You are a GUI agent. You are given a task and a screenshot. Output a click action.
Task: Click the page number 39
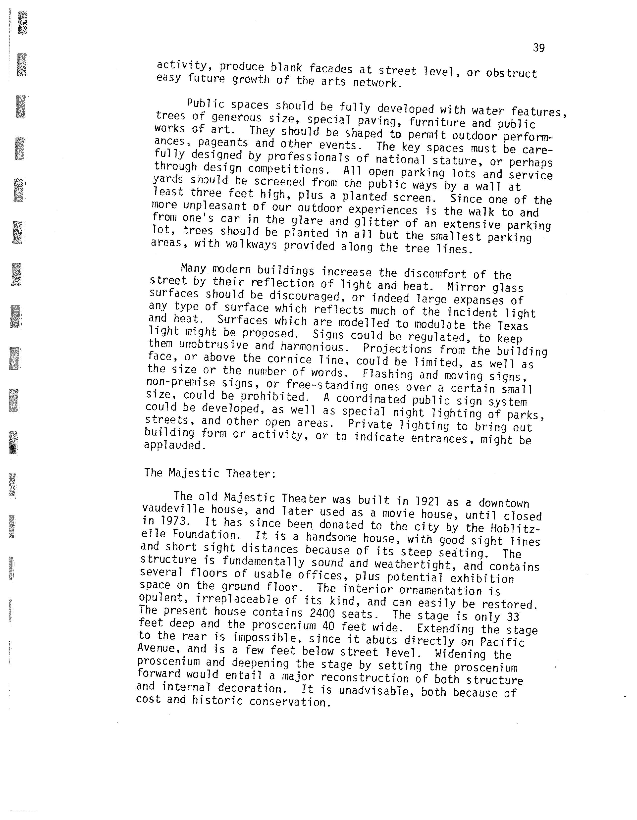tap(539, 48)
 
